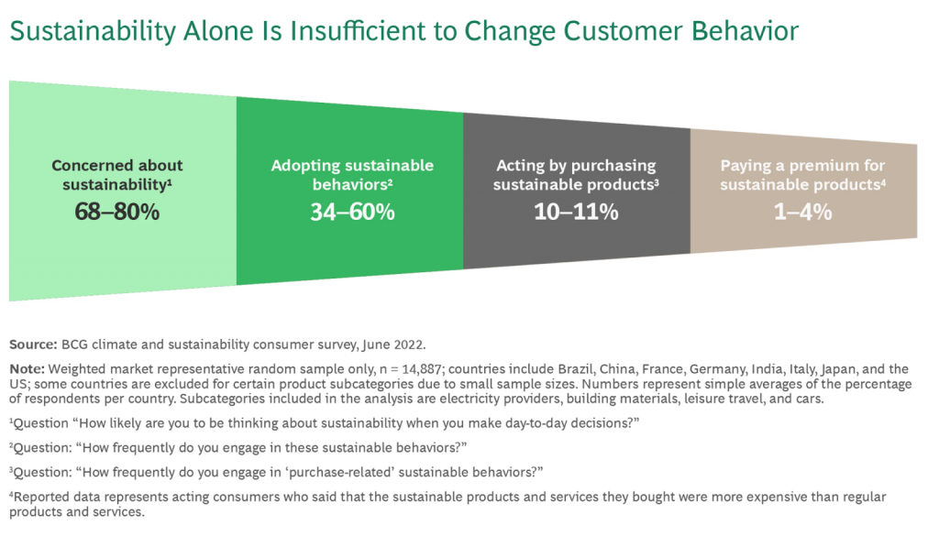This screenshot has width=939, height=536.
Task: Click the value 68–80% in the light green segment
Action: tap(117, 212)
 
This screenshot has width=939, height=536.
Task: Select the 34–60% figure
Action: tap(352, 212)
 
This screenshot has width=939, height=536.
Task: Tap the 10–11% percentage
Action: tap(576, 212)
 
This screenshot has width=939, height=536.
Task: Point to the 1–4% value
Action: tap(802, 212)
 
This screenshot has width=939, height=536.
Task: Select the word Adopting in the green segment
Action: tap(298, 166)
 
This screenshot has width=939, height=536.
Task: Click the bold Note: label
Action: tap(27, 369)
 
